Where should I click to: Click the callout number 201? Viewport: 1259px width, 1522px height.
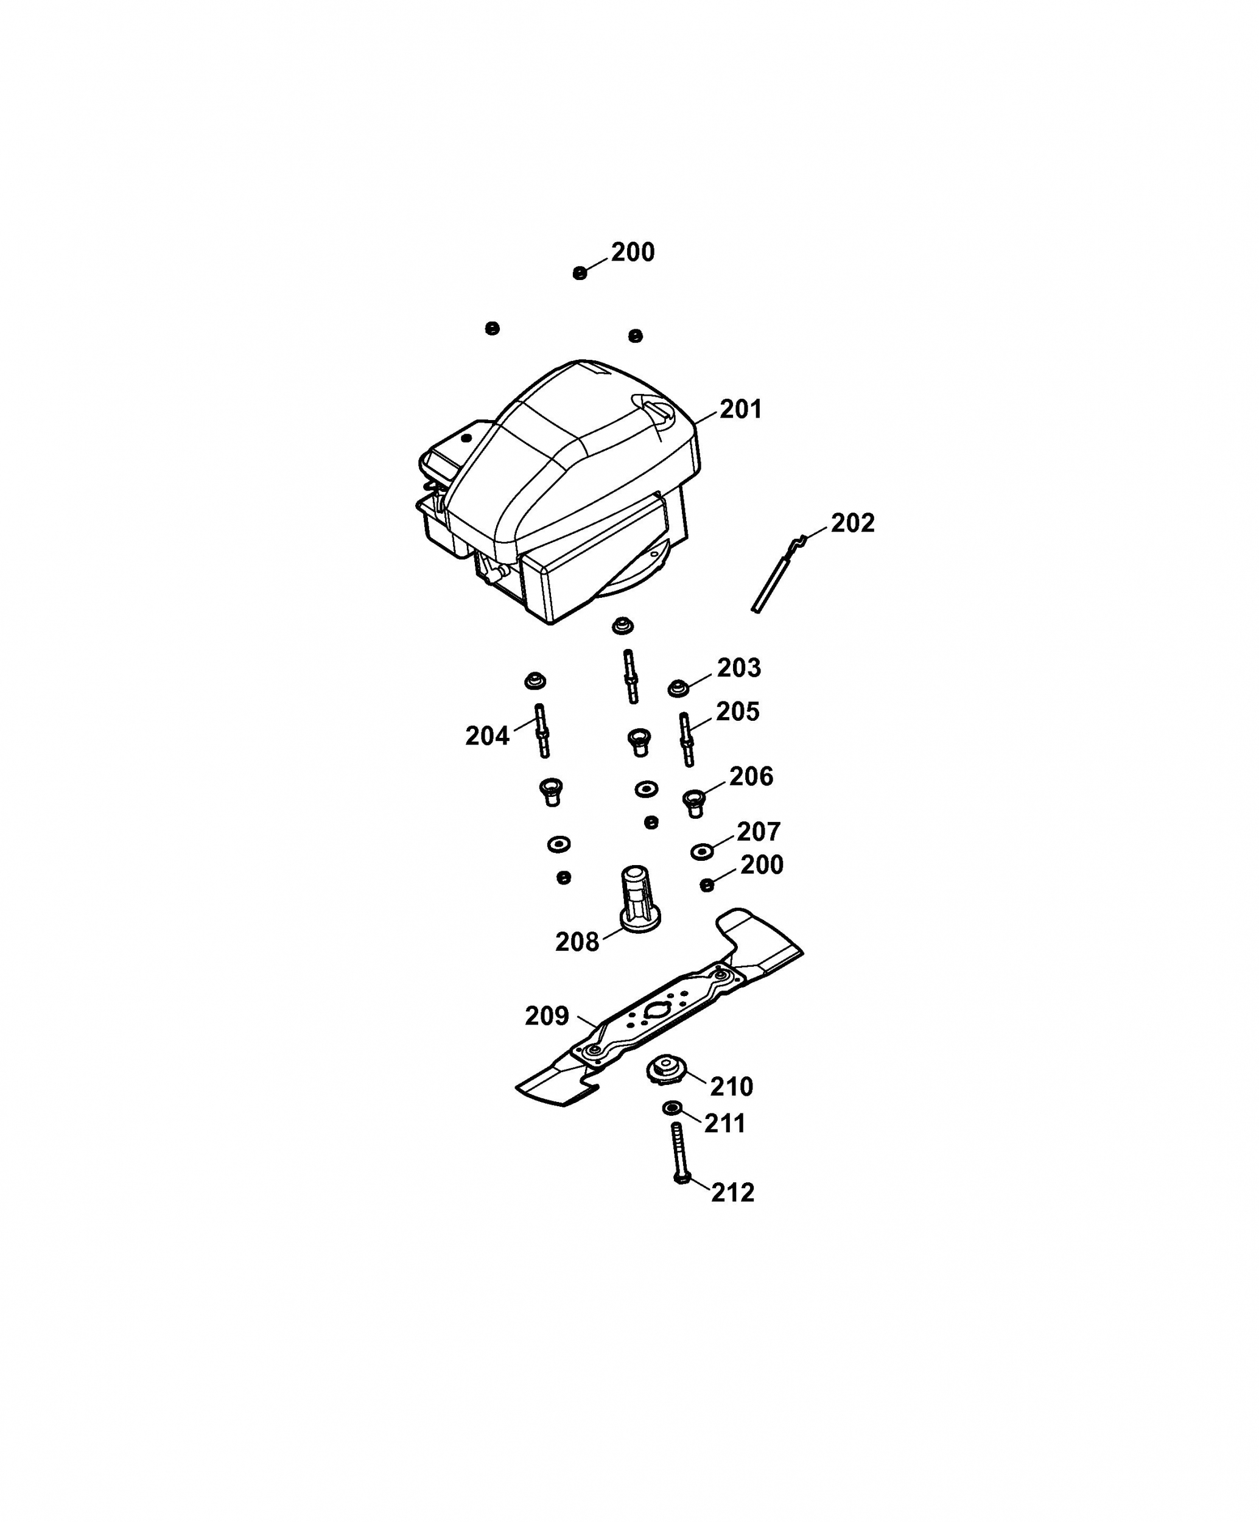740,410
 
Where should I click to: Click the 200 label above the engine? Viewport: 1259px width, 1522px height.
633,252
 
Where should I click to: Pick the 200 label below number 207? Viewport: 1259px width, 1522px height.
762,864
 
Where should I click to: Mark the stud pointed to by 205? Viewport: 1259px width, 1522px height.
686,738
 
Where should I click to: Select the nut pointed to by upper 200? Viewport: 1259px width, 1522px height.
579,273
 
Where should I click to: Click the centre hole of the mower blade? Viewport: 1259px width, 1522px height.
658,1012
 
